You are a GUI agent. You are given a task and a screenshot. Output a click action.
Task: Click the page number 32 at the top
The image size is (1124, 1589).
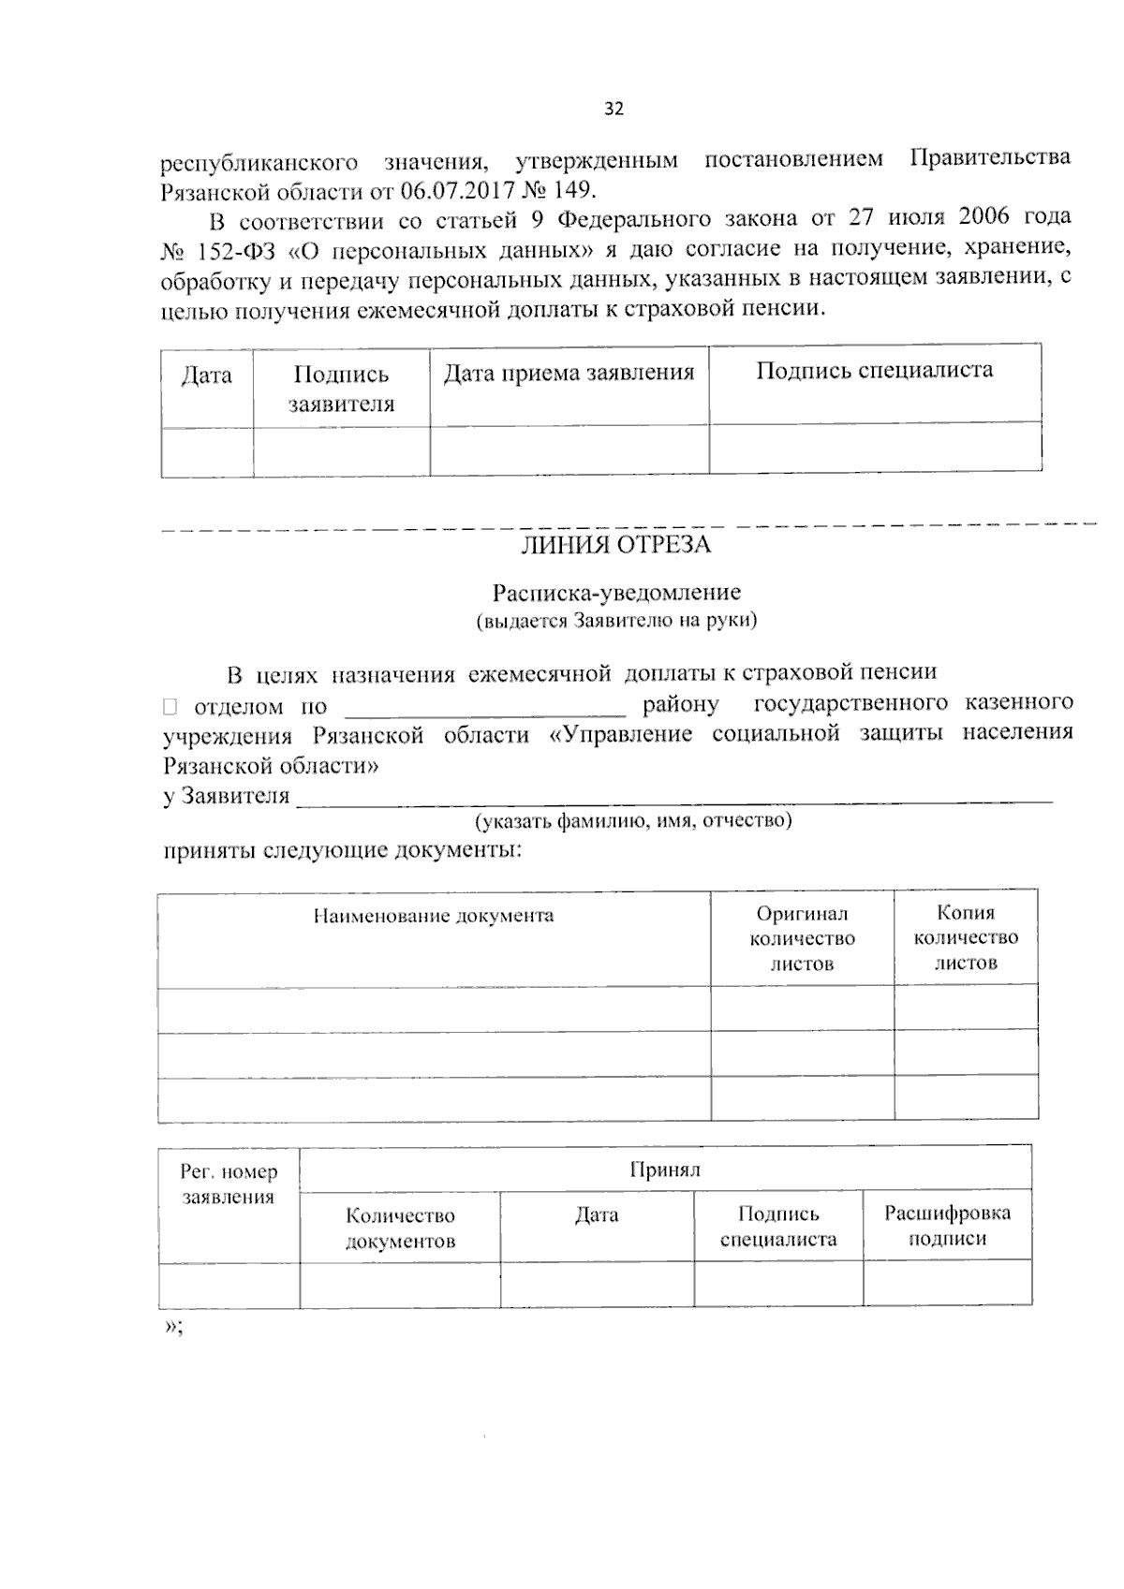pos(614,109)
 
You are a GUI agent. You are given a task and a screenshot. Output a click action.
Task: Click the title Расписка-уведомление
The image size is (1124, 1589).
pos(616,593)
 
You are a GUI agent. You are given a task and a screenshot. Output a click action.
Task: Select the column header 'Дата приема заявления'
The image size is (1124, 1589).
pos(569,374)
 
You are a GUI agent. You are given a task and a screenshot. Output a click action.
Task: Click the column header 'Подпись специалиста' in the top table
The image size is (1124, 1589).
pos(874,370)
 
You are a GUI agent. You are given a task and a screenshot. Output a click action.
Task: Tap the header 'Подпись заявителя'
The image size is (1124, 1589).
pos(341,389)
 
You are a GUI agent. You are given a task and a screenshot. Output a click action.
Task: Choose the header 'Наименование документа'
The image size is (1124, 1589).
pos(433,916)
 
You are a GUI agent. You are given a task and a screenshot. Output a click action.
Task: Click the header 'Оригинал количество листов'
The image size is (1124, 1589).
pos(802,938)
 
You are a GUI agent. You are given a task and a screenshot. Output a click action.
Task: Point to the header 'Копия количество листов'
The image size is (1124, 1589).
pos(965,937)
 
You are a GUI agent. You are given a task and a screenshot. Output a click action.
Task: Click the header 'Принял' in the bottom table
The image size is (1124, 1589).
pos(665,1169)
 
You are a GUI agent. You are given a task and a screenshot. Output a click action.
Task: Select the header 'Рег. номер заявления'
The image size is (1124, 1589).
pos(229,1184)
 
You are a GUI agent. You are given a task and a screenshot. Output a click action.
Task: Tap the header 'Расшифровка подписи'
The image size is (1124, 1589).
pos(947,1226)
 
